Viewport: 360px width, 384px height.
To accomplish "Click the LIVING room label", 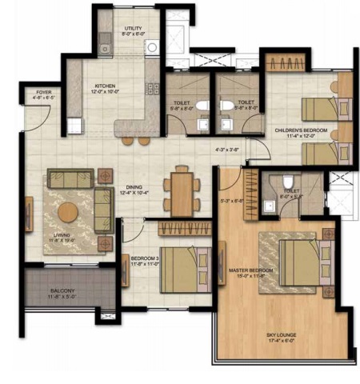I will coord(58,234).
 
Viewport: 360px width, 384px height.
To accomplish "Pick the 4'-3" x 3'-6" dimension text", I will coord(228,149).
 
